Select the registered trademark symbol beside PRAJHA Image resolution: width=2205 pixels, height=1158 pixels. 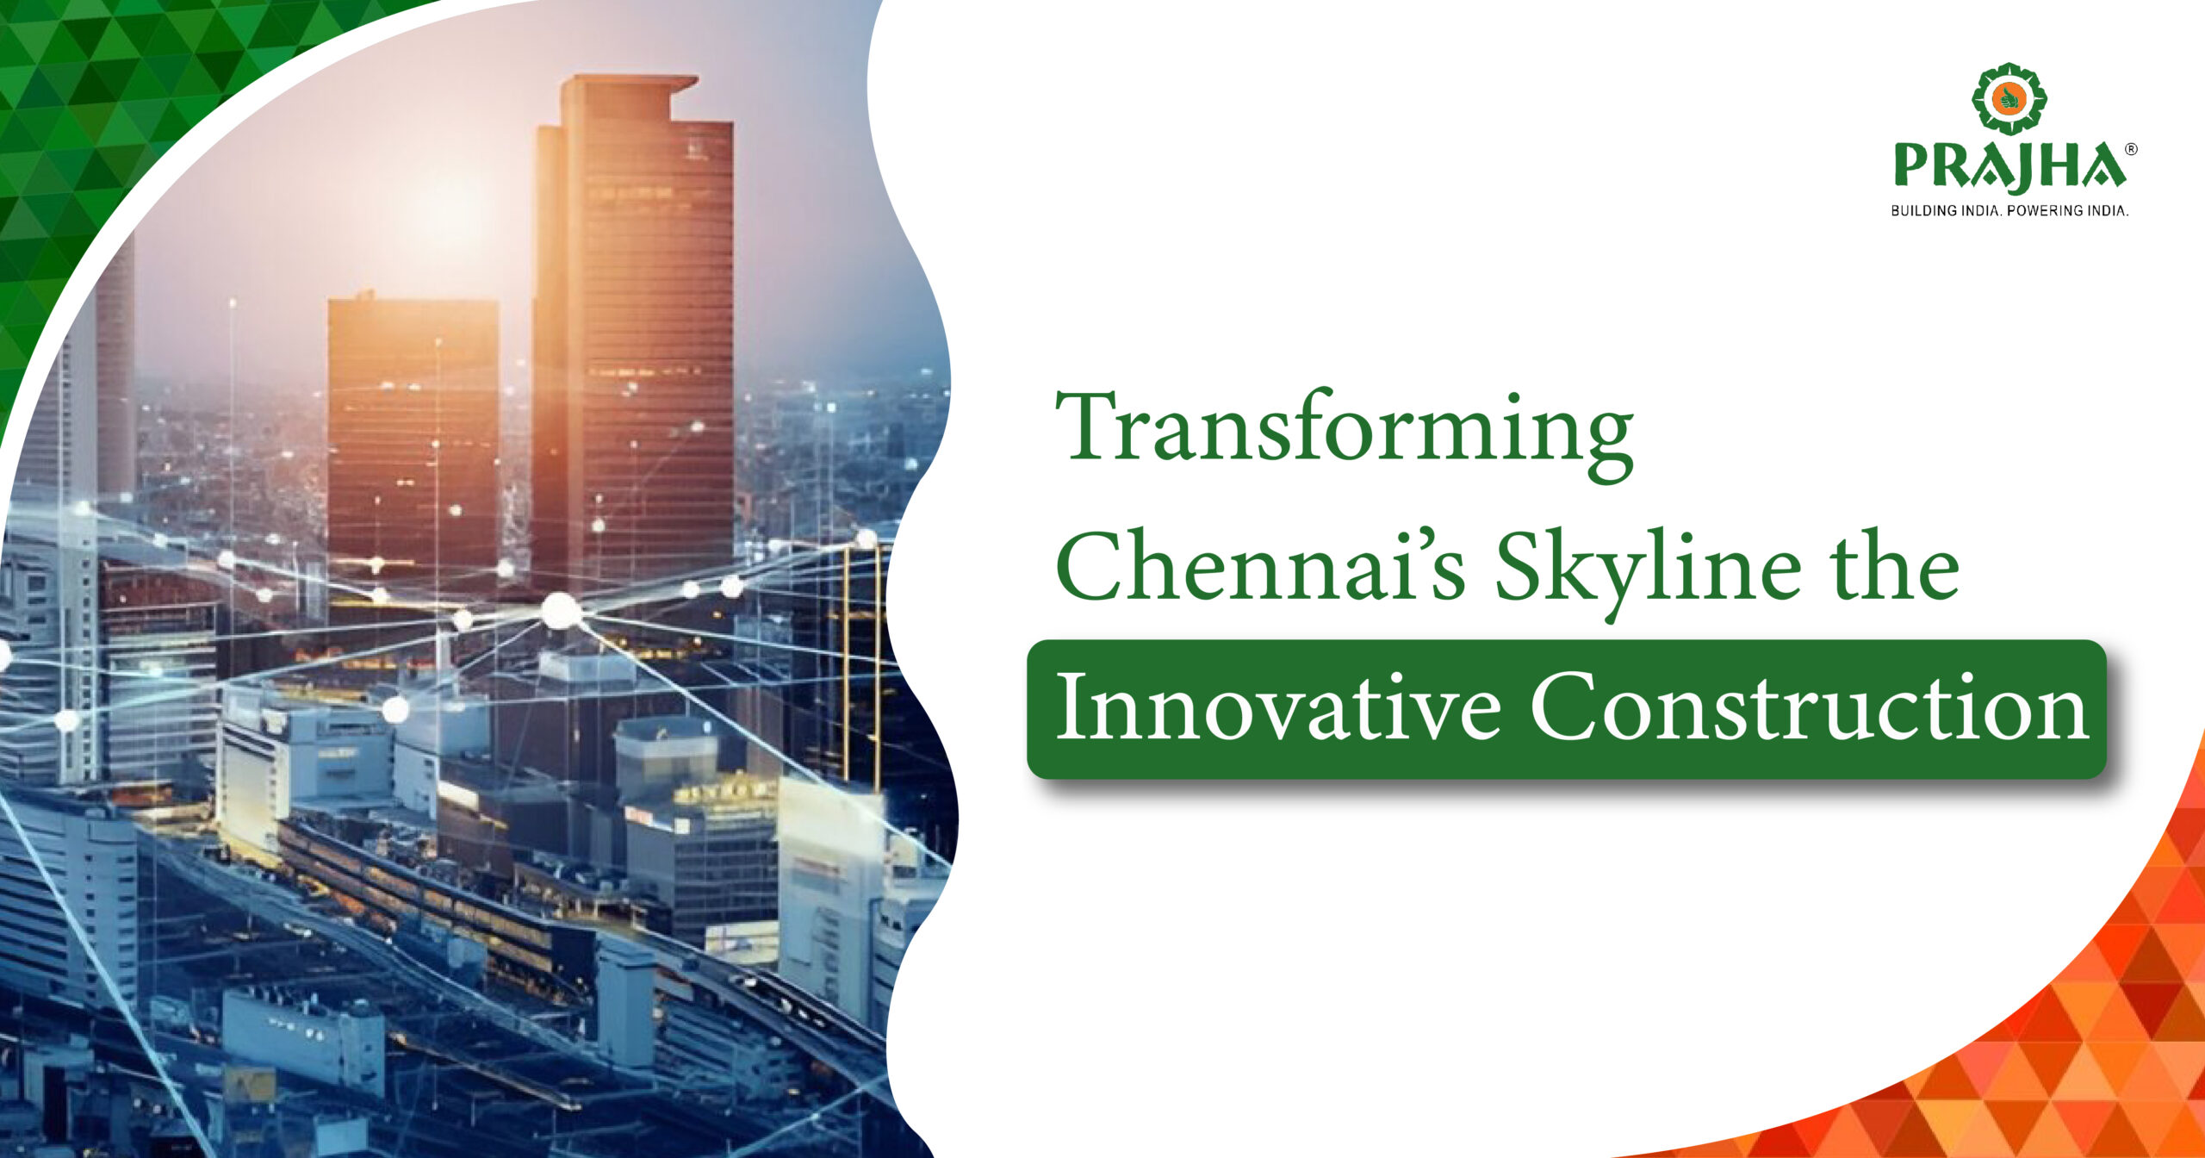[x=2131, y=149]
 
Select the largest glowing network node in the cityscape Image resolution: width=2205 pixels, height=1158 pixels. [x=561, y=610]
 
